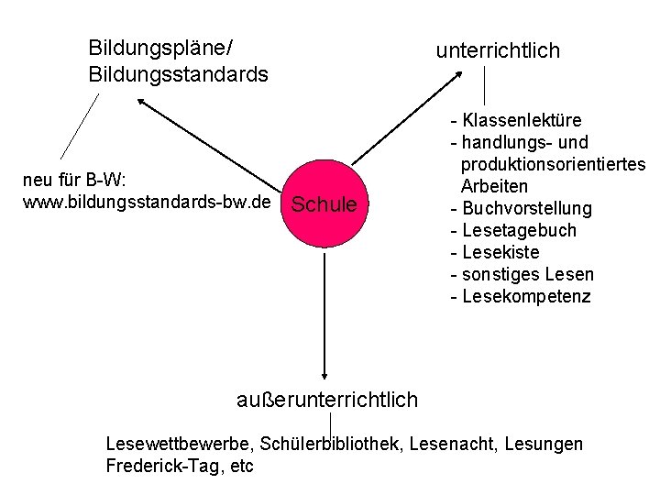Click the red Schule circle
(324, 203)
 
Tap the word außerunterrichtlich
(327, 400)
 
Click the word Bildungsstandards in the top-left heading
(178, 73)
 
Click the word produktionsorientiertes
(554, 164)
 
